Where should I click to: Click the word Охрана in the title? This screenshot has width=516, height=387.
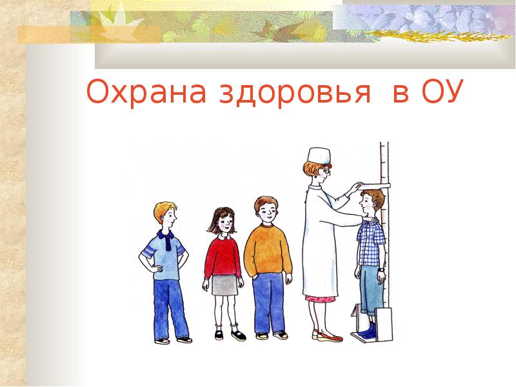[146, 92]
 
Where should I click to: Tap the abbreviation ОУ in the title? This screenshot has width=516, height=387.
[442, 92]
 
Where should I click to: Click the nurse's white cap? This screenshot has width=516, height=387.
[319, 155]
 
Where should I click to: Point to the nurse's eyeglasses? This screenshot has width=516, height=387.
[326, 172]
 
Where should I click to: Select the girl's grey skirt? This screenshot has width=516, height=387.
[224, 285]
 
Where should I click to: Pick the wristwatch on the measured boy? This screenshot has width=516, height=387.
[381, 270]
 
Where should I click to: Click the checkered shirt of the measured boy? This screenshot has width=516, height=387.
[370, 243]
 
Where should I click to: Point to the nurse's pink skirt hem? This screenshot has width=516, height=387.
[320, 299]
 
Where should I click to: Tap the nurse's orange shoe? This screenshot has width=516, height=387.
[329, 337]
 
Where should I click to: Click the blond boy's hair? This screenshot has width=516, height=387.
[163, 210]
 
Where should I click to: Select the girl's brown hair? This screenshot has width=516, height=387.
[221, 219]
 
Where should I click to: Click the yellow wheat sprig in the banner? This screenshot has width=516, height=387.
[439, 35]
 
